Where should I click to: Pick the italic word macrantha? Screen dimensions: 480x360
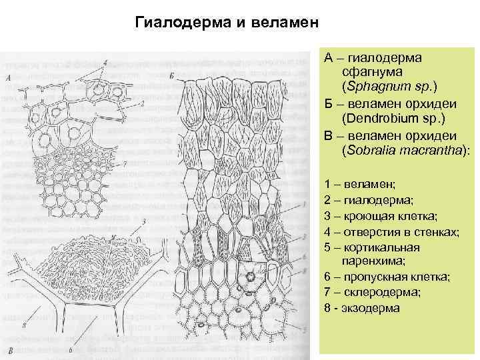428,151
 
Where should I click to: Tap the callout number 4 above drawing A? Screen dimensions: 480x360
105,63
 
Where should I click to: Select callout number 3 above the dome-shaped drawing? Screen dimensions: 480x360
143,221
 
